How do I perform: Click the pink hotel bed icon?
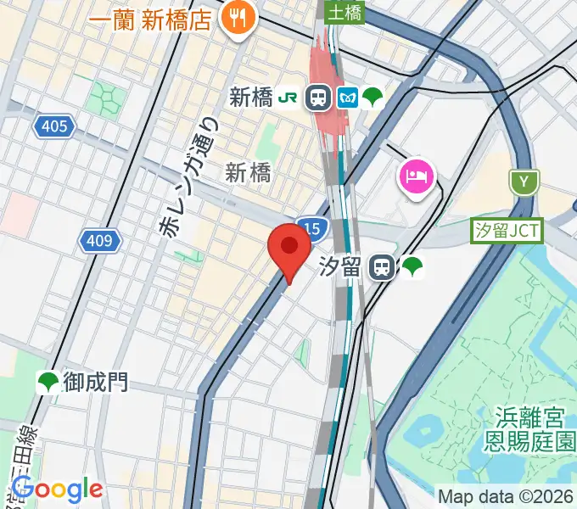(x=417, y=176)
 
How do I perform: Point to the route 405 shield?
(x=54, y=127)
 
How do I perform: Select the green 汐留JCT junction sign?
(x=507, y=230)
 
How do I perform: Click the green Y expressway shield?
(x=524, y=181)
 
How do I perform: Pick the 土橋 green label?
(x=345, y=13)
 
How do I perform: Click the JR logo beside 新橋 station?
(x=290, y=98)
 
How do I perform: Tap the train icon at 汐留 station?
(x=383, y=268)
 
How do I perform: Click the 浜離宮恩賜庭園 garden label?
(x=531, y=428)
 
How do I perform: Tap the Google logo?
(x=57, y=489)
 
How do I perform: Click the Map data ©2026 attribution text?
(x=505, y=495)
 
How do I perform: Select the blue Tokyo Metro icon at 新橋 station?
(x=347, y=98)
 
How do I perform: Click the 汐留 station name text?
(x=340, y=268)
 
